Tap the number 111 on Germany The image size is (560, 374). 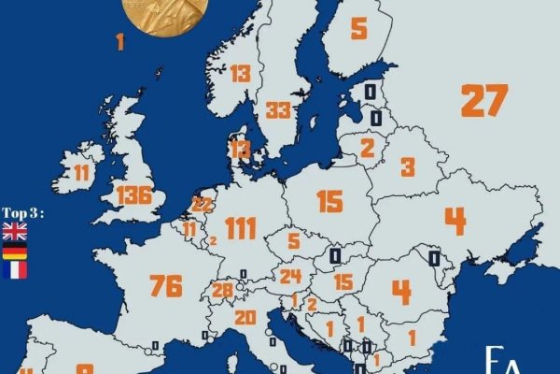pos(240,227)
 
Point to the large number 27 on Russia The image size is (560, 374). pos(484,100)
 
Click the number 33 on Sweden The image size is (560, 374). pos(278,110)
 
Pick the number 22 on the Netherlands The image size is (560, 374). pos(202,205)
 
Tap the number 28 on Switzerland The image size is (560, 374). pos(223,291)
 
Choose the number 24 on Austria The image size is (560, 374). pos(291,276)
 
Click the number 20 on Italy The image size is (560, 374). pos(245,318)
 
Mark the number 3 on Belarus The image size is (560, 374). pos(408,167)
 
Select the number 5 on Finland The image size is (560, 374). pos(358,28)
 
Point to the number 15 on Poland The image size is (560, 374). pos(329,202)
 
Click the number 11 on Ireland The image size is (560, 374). pos(82,172)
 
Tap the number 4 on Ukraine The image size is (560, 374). pos(455,221)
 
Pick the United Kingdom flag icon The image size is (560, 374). pos(16,231)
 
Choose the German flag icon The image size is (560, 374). pos(16,251)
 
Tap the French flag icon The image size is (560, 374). pos(16,270)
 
